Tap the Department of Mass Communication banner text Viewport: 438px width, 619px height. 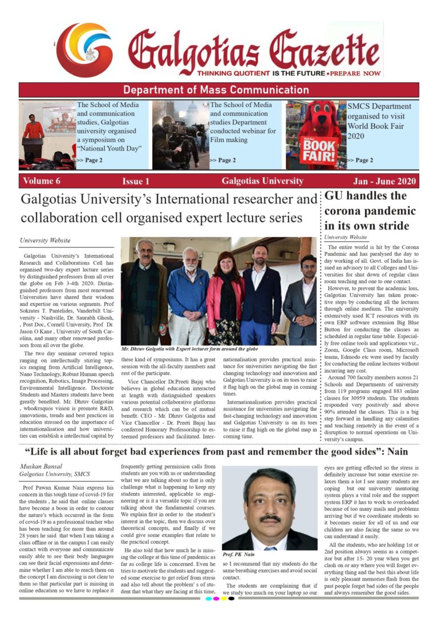pyautogui.click(x=216, y=90)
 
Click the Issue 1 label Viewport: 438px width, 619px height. pyautogui.click(x=136, y=181)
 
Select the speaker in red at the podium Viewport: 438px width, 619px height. pyautogui.click(x=34, y=131)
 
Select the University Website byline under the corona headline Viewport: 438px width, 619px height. pyautogui.click(x=346, y=237)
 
